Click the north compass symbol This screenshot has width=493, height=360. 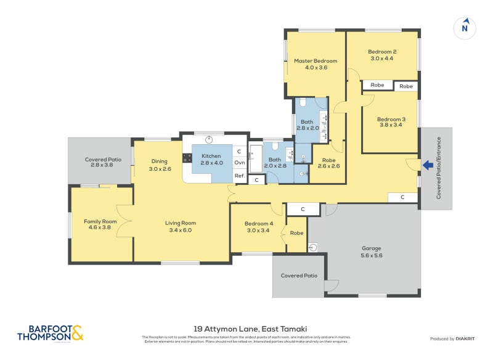tap(465, 27)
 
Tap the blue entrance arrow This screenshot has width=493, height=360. tap(426, 165)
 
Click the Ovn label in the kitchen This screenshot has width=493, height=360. tap(240, 163)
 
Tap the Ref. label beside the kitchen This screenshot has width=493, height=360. tap(240, 176)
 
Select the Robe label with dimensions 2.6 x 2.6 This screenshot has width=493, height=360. tap(328, 162)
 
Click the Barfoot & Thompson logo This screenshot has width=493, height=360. tap(50, 333)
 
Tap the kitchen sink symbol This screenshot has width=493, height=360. tap(209, 139)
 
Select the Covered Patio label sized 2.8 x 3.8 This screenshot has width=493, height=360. tap(103, 162)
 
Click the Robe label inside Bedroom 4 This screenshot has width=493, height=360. tap(296, 233)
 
